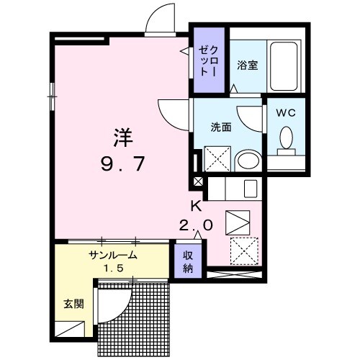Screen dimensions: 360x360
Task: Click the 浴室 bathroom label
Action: tap(248, 64)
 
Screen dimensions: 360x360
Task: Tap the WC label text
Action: tap(286, 113)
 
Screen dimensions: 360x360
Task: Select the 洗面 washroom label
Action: tap(220, 127)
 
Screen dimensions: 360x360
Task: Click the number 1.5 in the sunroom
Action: tap(112, 269)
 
